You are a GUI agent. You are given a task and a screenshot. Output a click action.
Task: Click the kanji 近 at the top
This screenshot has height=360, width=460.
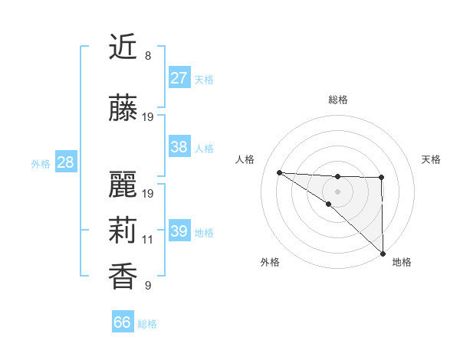click(123, 47)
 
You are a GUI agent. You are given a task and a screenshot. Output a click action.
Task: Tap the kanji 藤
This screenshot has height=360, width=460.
click(123, 108)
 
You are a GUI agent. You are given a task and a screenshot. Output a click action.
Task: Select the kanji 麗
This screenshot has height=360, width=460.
click(123, 184)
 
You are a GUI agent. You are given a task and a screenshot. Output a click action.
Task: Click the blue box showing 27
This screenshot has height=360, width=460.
click(179, 78)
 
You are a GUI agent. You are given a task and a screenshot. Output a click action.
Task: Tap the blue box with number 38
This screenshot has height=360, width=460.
click(179, 147)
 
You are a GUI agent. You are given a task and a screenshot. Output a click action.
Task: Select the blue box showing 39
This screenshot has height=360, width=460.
click(179, 231)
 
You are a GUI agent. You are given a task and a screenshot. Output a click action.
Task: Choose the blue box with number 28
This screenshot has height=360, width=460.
click(65, 162)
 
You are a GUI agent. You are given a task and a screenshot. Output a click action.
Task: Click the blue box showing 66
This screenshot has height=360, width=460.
click(123, 322)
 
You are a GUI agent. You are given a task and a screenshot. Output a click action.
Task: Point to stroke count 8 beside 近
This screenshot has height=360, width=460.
click(147, 56)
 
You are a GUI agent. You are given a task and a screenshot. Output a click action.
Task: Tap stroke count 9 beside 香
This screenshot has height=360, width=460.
click(147, 286)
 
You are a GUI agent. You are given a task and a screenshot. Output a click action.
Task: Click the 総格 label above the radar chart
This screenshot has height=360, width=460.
click(338, 100)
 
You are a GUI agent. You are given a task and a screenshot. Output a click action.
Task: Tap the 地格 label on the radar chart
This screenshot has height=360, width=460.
click(402, 262)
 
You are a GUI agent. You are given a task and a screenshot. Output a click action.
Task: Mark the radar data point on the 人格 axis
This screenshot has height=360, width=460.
click(279, 172)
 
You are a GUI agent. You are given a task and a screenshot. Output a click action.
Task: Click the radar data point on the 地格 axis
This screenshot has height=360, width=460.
click(382, 254)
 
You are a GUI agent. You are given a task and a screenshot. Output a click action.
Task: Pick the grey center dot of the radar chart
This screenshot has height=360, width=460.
click(338, 191)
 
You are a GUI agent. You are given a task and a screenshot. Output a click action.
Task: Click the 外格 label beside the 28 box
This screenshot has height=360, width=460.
click(41, 163)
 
